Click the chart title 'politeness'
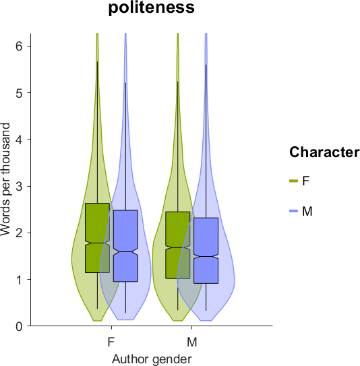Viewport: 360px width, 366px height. tap(152, 7)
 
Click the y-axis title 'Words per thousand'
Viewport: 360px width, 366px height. tap(5, 179)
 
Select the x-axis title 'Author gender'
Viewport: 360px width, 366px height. tap(152, 359)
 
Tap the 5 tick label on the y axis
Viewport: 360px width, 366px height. tap(19, 93)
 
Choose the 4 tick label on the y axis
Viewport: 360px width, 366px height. tap(19, 140)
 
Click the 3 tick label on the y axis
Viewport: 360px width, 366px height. tap(19, 186)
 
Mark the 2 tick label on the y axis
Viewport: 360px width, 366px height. tap(19, 233)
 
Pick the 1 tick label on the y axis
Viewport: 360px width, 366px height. tap(19, 280)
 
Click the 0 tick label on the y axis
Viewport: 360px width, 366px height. tap(19, 326)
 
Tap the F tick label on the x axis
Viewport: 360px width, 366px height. tap(111, 342)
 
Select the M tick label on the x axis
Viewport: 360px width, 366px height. tap(192, 342)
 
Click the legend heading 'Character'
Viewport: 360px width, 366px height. tap(324, 152)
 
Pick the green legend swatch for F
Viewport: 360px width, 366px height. tap(293, 181)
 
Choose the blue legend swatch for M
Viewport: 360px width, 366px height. tap(293, 211)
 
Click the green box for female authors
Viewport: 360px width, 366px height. tap(97, 238)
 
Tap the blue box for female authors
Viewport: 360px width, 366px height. tap(125, 246)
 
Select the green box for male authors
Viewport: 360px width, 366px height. tap(178, 245)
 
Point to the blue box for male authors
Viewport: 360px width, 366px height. tap(206, 251)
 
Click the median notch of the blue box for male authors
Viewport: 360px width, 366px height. tap(206, 257)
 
